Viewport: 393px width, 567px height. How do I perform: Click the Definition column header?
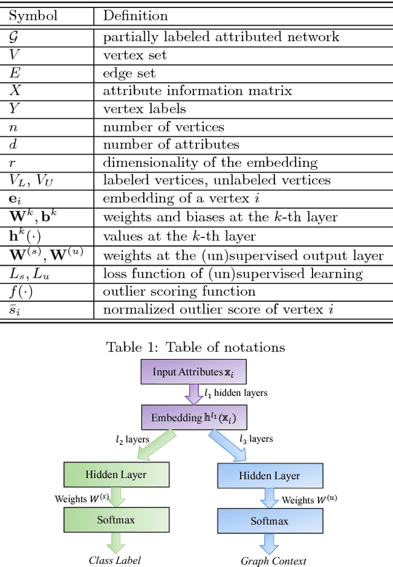135,15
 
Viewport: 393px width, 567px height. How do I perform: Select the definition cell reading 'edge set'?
129,74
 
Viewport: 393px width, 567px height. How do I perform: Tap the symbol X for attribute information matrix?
15,91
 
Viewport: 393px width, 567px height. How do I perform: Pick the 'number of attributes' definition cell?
171,145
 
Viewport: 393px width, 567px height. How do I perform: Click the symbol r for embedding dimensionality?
12,163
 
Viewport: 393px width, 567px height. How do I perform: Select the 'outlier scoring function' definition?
179,291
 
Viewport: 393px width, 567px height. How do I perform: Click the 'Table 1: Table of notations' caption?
195,347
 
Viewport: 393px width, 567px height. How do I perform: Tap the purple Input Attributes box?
193,372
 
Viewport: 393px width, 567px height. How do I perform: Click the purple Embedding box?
193,418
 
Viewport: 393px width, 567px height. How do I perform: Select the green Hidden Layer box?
116,474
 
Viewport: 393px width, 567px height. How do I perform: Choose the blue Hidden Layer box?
269,476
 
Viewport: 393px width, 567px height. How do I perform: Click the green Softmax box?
116,520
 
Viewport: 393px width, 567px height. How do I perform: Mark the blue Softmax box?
269,521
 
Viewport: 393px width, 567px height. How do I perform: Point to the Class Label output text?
115,559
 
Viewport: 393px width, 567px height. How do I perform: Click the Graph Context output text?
273,560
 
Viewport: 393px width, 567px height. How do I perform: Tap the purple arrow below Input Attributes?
193,394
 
